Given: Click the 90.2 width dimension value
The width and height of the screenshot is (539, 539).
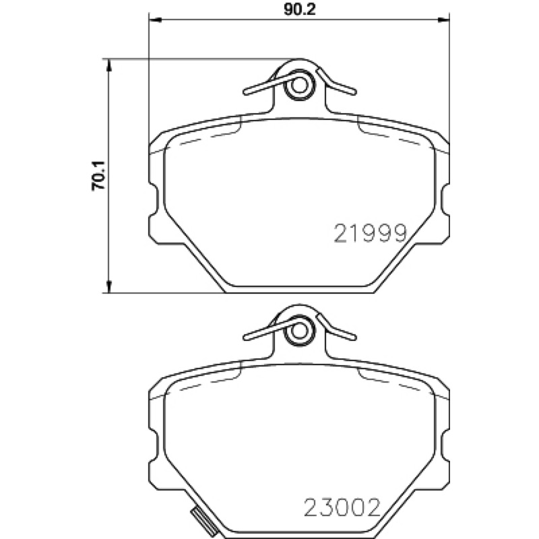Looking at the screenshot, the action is click(300, 9).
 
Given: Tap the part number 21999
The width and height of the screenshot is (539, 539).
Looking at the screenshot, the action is click(370, 233).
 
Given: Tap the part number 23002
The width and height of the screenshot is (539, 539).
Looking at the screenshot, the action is click(342, 507).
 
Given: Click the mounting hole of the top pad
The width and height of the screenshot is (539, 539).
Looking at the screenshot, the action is click(299, 86).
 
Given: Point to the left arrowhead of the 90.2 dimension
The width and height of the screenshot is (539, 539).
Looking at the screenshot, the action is click(155, 20).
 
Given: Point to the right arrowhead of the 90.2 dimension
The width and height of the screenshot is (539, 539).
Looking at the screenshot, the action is click(443, 20).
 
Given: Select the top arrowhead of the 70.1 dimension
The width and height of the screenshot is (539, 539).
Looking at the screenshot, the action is click(109, 65).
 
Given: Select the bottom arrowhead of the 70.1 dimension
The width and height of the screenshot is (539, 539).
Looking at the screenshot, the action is click(109, 287).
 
